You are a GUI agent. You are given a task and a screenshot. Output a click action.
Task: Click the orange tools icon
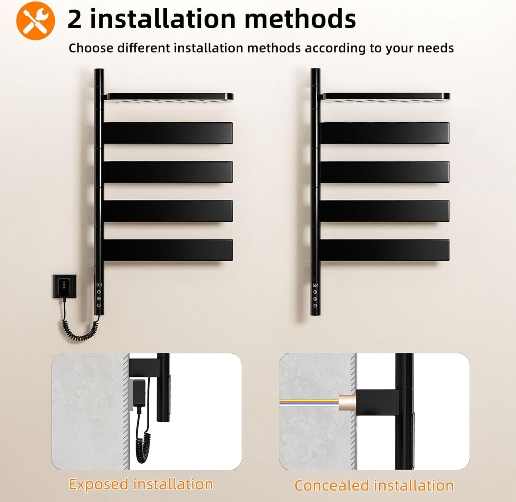coord(36,21)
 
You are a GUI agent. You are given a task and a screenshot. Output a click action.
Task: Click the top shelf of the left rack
coord(167,97)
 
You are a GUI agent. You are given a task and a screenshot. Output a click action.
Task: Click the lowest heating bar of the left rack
coord(168,250)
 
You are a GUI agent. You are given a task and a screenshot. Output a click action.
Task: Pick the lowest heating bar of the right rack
coord(385,250)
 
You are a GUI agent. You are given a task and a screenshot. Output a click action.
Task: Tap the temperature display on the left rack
coord(99,285)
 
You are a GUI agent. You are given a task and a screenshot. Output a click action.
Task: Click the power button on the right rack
coord(315,306)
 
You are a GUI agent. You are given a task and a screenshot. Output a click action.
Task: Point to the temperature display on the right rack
coord(315,285)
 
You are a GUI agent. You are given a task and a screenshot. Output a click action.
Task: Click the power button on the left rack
coord(99,305)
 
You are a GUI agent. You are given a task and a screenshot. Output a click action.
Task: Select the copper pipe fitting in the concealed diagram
coord(347,403)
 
